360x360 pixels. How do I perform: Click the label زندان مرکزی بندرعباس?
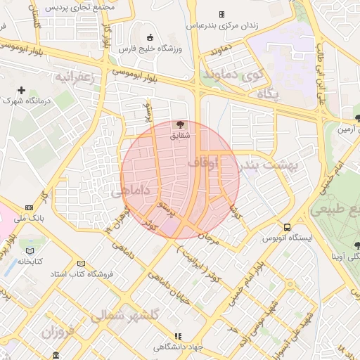(x=222, y=25)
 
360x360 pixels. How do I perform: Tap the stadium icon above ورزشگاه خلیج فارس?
(x=149, y=37)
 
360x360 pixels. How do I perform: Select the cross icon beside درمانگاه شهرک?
(x=22, y=90)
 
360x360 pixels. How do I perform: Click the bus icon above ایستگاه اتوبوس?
(x=287, y=227)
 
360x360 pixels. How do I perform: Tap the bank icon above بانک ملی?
(x=29, y=207)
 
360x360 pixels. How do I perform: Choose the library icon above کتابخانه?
(x=30, y=250)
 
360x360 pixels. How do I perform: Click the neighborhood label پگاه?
(x=267, y=93)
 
